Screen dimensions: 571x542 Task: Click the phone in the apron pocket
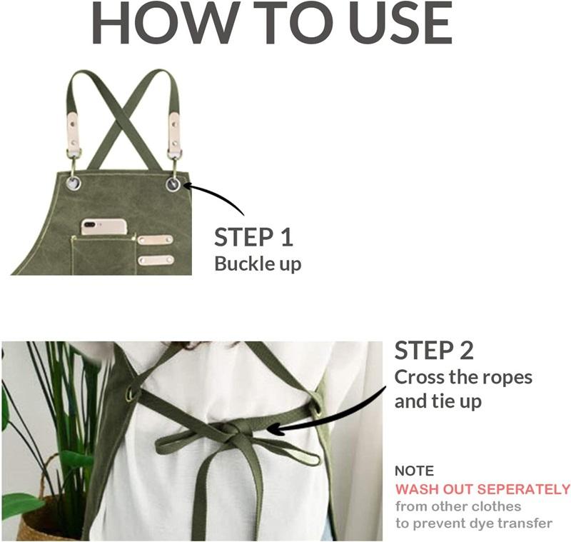click(x=103, y=227)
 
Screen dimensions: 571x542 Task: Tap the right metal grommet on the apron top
click(x=173, y=184)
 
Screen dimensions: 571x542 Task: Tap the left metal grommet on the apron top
click(x=74, y=183)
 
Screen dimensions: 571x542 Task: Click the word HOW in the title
click(x=164, y=23)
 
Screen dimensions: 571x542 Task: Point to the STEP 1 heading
click(x=253, y=237)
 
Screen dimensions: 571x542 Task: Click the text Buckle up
click(x=258, y=264)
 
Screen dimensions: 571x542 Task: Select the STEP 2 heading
click(x=434, y=351)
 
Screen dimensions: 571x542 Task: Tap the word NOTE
click(x=415, y=471)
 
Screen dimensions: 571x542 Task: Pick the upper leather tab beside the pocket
click(x=155, y=240)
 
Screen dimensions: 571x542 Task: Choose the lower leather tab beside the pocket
click(x=156, y=260)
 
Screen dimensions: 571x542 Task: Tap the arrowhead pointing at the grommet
click(x=187, y=186)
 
